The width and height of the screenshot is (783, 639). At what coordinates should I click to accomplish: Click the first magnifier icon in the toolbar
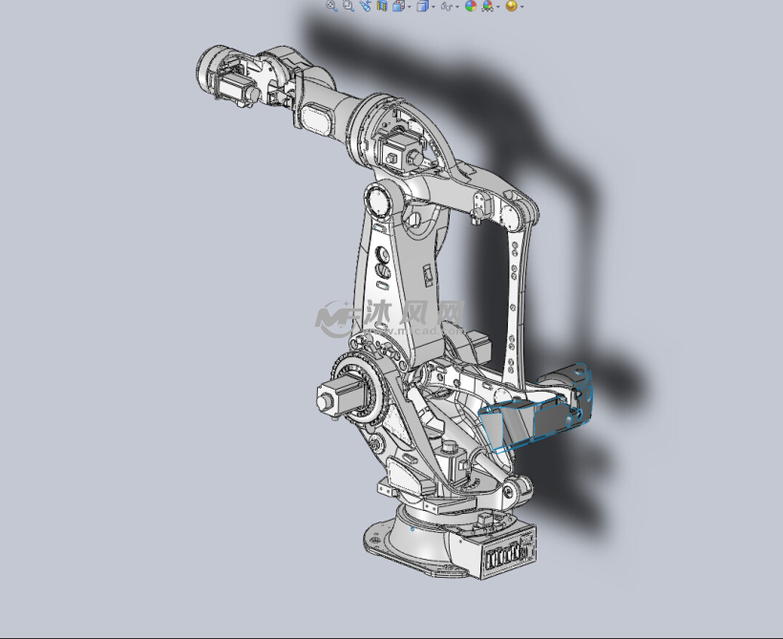[331, 6]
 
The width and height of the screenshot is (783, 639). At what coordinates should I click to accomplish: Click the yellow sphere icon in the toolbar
[512, 6]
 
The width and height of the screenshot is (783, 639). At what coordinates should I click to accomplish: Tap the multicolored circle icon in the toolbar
[470, 6]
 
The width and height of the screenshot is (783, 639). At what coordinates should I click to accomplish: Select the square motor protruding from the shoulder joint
[337, 395]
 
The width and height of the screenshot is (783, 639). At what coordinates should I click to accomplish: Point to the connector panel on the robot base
[507, 554]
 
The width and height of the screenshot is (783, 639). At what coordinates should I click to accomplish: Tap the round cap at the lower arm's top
[376, 202]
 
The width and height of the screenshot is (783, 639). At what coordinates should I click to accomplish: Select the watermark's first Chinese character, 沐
[380, 312]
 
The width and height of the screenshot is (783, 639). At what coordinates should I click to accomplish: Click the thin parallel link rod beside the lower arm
[517, 287]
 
